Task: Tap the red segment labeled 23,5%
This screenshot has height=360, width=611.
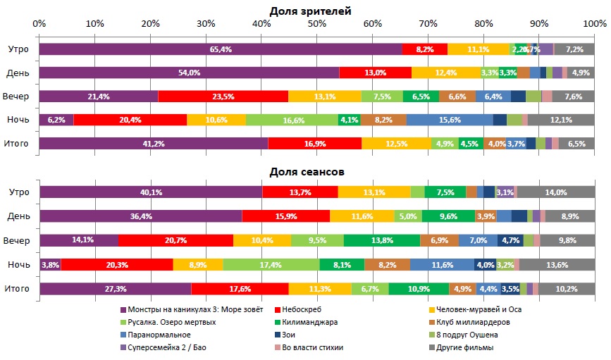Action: coord(223,97)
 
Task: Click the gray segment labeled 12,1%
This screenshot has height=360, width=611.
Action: coord(561,120)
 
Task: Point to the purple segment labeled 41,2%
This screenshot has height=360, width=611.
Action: coord(154,144)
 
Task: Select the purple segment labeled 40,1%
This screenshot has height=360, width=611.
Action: coord(151,192)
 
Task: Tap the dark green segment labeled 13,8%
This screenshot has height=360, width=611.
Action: coord(382,240)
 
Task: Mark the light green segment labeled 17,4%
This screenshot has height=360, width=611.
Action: coord(271,264)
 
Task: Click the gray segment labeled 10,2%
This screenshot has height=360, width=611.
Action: coord(567,288)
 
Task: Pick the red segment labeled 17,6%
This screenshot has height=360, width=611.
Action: coord(240,288)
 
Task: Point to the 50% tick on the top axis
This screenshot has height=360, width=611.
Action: coord(317,23)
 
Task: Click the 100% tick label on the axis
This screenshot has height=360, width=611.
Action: coord(594,23)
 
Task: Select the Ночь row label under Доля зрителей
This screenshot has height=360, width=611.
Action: coord(18,120)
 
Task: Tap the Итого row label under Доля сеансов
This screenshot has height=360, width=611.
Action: coord(18,288)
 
